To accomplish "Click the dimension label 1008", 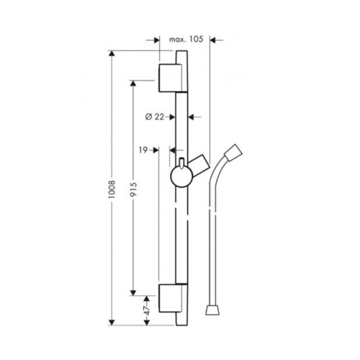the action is tap(112, 189).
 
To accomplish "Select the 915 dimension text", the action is tap(133, 189).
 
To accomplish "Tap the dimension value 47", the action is tap(147, 310).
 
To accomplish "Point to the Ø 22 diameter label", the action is tap(155, 117).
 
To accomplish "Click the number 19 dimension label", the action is tap(143, 150).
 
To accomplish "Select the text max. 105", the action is tap(186, 39).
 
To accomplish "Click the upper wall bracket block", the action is tap(173, 78).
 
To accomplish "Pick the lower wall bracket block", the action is tap(173, 298).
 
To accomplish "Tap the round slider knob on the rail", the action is tap(181, 176).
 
